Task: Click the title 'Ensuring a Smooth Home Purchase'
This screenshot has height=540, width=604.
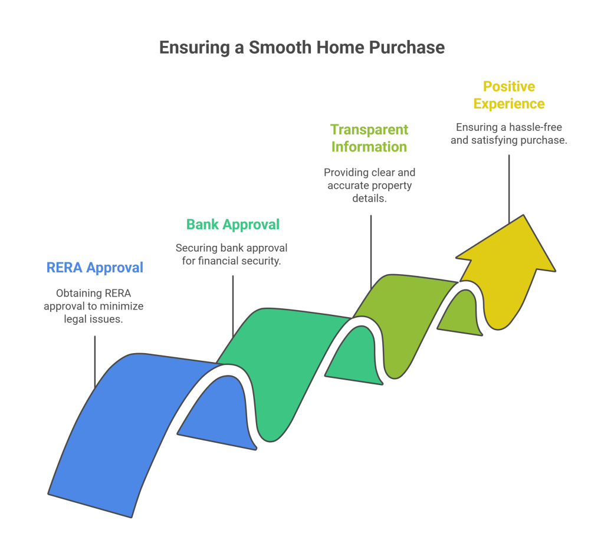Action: pos(302,48)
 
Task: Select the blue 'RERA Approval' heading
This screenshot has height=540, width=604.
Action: pos(95,268)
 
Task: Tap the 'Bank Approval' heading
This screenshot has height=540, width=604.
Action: pos(233,225)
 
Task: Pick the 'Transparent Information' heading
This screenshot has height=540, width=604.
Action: pos(369,138)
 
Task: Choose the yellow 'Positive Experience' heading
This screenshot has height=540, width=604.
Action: pos(509,95)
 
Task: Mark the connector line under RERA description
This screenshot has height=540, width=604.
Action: pos(95,361)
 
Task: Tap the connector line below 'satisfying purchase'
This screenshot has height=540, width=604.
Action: pos(509,189)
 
